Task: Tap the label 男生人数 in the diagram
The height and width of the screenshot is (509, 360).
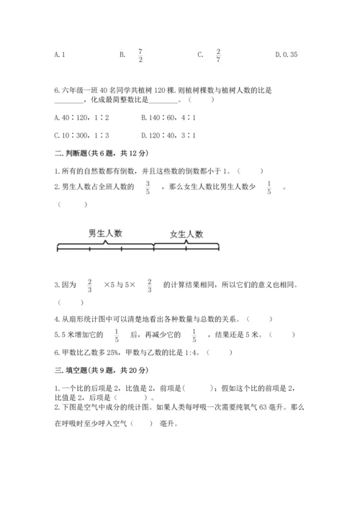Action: [105, 233]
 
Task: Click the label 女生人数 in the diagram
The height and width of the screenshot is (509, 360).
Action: [186, 234]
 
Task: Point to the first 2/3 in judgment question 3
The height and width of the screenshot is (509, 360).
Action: [90, 286]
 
